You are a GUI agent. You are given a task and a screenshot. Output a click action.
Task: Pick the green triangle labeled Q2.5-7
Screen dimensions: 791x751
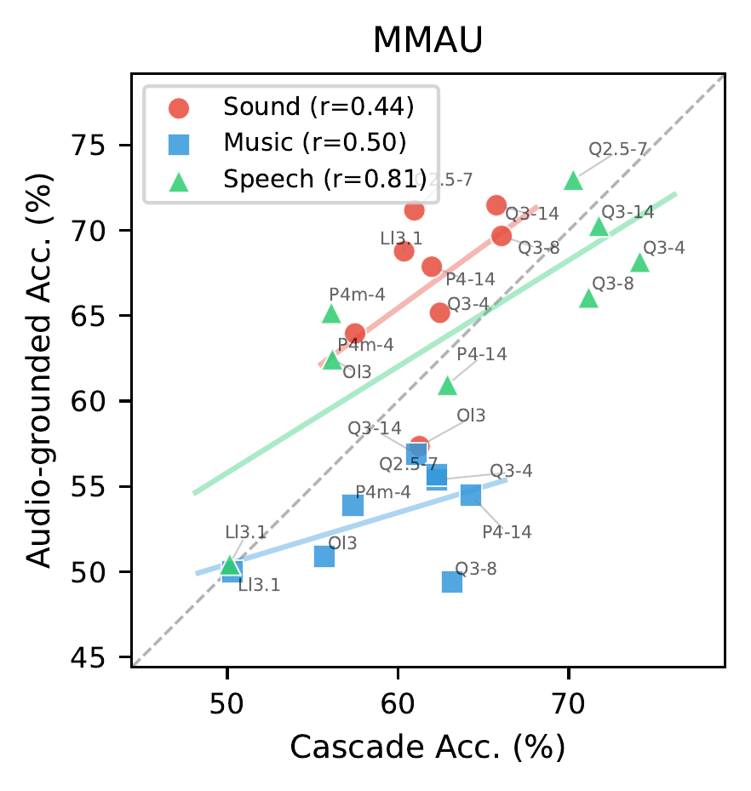[x=573, y=181]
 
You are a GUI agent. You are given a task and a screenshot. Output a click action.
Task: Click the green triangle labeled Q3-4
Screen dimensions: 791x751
[x=639, y=262]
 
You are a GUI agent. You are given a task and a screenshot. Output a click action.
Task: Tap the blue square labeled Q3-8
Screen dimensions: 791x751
[x=452, y=582]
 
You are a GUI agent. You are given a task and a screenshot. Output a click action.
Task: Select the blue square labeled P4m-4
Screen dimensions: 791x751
[x=353, y=506]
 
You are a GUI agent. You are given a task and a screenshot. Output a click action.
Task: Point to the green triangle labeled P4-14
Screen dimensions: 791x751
[x=448, y=387]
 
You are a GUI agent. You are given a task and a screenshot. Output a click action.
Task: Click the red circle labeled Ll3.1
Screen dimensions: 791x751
[x=404, y=251]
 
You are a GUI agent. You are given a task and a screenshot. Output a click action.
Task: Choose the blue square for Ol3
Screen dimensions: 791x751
[x=324, y=556]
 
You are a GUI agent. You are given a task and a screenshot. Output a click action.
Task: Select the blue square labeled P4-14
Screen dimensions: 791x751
[x=471, y=495]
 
